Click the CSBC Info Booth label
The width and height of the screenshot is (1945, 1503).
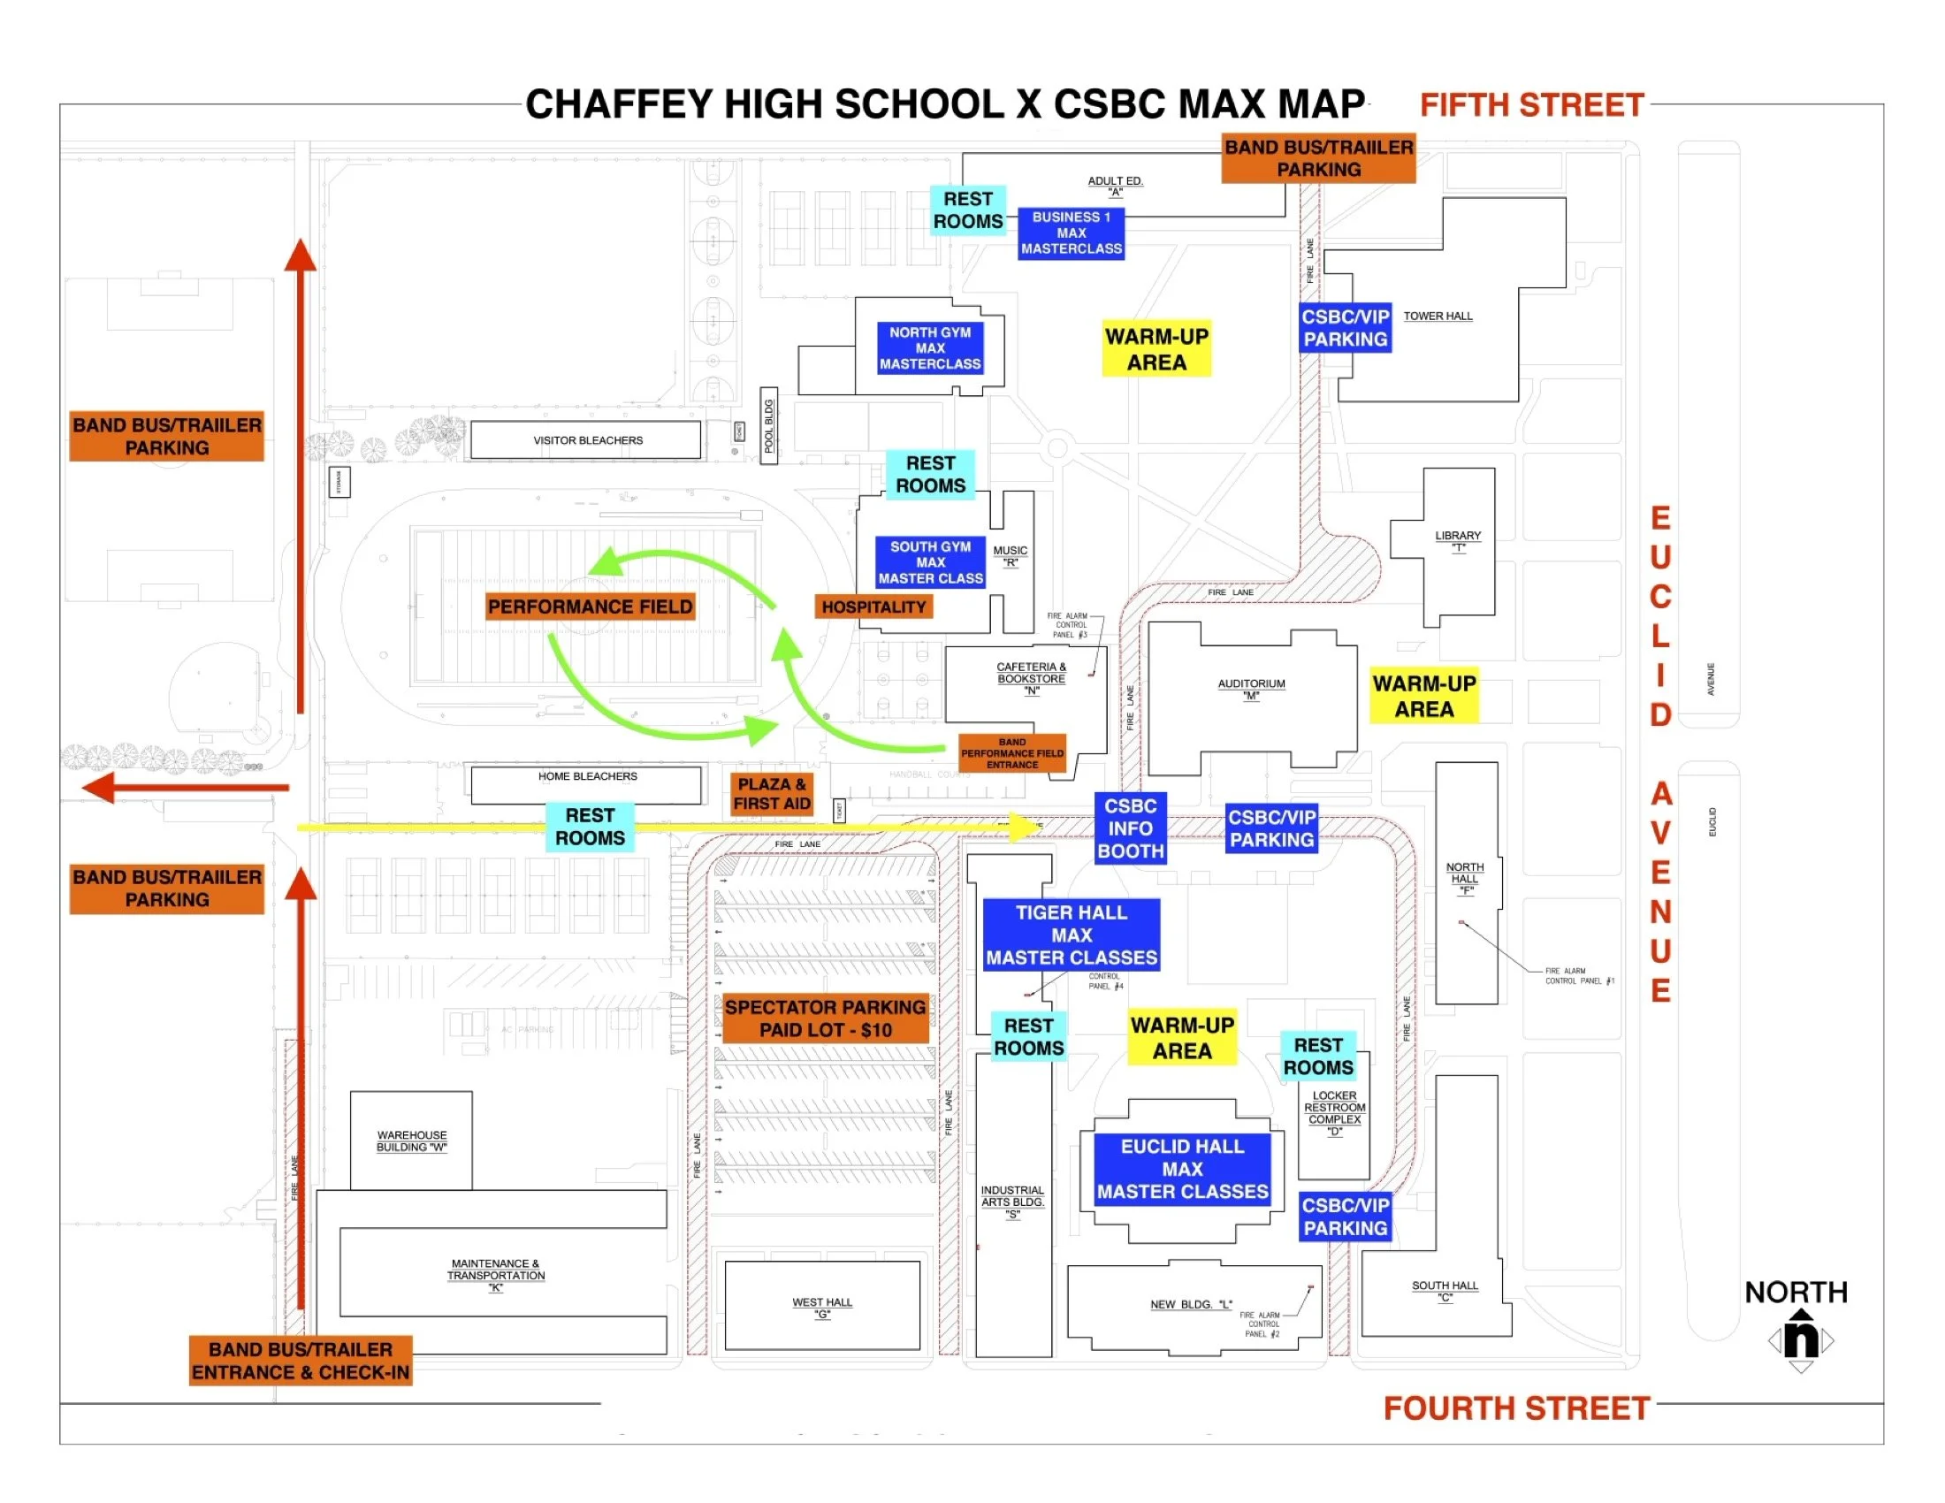coord(1130,828)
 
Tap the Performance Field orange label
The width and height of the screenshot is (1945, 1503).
coord(590,607)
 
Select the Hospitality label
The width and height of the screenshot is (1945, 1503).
coord(873,607)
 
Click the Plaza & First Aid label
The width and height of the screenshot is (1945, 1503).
coord(771,793)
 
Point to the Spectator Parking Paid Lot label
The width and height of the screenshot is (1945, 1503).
coord(825,1019)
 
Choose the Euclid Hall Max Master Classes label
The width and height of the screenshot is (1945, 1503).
coord(1182,1169)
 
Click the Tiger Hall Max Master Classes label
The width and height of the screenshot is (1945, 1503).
coord(1072,935)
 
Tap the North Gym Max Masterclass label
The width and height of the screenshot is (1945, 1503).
coord(930,348)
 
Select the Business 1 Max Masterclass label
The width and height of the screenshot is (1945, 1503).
coord(1071,233)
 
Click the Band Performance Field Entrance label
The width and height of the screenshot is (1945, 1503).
coord(1011,753)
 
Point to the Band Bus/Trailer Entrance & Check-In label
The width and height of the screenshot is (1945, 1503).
coord(300,1361)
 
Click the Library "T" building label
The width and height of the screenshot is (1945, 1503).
coord(1457,540)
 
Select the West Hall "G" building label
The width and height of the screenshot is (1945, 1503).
coord(822,1307)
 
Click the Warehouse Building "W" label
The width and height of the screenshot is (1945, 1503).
coord(411,1141)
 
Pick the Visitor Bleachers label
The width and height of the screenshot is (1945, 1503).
coord(588,441)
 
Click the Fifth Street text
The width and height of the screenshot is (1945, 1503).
coord(1531,105)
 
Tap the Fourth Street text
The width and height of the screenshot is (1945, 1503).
coord(1515,1408)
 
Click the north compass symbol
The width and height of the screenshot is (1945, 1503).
coord(1800,1339)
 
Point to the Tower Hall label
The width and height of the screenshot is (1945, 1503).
coord(1438,317)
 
